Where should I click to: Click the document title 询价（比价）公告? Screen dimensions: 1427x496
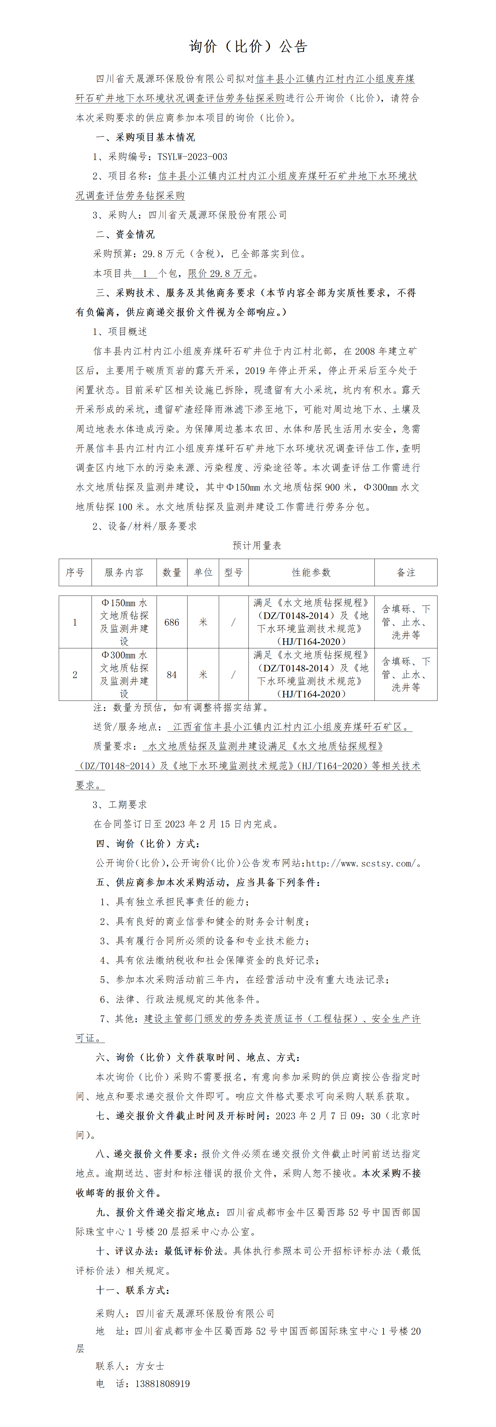(248, 47)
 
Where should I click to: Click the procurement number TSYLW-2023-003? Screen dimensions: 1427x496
(192, 157)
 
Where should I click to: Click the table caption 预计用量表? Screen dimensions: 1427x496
(257, 546)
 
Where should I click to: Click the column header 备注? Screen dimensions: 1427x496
(406, 572)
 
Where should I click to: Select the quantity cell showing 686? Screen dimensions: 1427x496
(172, 622)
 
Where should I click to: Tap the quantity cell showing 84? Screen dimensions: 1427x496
(172, 675)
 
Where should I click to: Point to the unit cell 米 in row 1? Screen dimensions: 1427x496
(203, 622)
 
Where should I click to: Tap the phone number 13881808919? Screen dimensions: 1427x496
(163, 1383)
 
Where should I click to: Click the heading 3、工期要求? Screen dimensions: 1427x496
(120, 804)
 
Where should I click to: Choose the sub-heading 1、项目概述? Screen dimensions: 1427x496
(120, 331)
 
